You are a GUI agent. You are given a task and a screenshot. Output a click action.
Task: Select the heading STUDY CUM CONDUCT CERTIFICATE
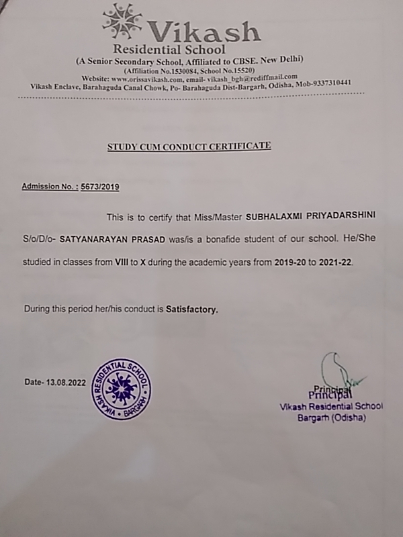[190, 144]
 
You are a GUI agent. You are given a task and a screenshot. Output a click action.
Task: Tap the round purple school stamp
[121, 388]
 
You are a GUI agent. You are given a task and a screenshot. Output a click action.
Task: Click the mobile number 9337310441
[327, 83]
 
